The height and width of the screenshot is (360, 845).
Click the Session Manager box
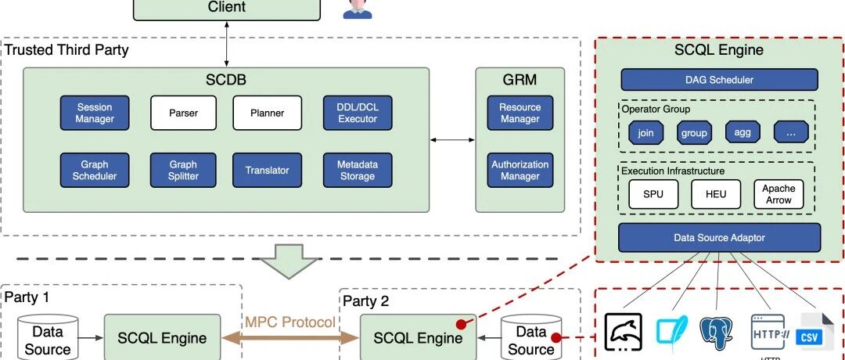coord(95,113)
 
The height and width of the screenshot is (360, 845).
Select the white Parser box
coord(183,113)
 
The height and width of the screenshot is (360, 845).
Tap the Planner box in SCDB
coord(268,113)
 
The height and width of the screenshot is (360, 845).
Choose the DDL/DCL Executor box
coord(358,113)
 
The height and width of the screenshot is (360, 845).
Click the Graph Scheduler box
coord(95,171)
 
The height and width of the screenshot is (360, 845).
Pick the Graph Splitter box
coord(183,171)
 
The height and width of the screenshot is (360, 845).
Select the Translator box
coord(268,171)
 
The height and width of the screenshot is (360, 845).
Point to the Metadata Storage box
coord(358,171)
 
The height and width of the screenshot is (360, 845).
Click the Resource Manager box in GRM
coord(520,113)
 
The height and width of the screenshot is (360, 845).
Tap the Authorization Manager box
coord(520,171)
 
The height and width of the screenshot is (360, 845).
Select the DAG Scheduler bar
coord(720,80)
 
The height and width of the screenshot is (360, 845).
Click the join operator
coord(645,132)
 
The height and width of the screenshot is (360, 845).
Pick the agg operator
coord(743,132)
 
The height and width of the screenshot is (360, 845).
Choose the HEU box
coord(716,194)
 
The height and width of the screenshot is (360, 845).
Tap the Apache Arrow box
coord(778,194)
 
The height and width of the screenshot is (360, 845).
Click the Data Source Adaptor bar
coord(720,238)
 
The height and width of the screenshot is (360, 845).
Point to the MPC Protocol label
coord(290,322)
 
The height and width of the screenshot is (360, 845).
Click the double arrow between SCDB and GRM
coord(453,140)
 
